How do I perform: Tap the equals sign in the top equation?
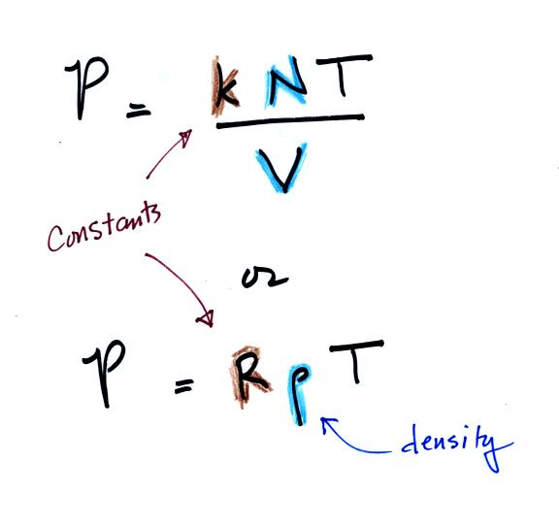(x=139, y=113)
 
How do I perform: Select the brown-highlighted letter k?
(x=225, y=86)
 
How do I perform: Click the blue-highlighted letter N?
(x=285, y=82)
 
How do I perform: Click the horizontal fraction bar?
(x=290, y=121)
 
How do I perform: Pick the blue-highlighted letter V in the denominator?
(x=281, y=167)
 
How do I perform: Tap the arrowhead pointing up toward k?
(x=185, y=138)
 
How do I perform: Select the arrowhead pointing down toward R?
(x=206, y=317)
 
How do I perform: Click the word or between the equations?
(x=265, y=278)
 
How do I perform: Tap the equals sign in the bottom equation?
(x=184, y=386)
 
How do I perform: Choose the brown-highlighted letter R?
(x=249, y=377)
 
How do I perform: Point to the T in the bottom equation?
(x=356, y=360)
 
